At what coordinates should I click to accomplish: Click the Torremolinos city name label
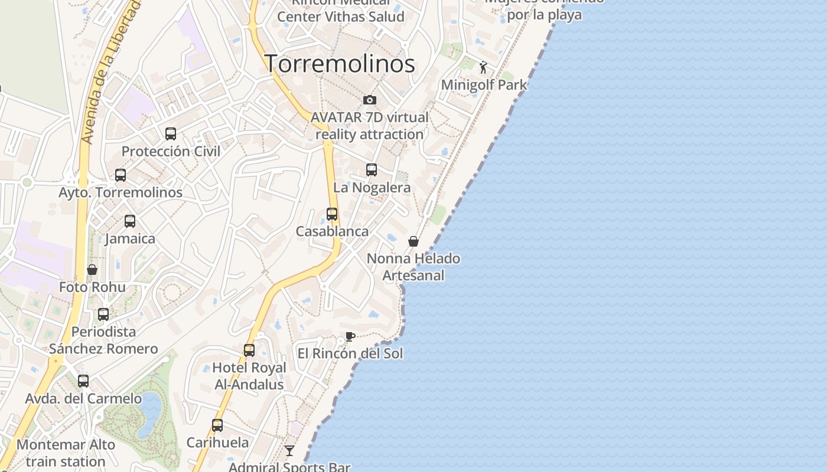pos(340,64)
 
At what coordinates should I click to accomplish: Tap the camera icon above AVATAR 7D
pos(370,100)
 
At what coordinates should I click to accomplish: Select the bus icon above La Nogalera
pos(372,170)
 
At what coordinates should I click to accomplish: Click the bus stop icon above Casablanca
pos(332,214)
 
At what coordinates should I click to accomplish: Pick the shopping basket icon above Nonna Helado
pos(413,241)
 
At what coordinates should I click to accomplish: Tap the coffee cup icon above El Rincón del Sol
pos(350,337)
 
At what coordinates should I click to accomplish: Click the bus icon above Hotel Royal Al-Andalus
pos(249,350)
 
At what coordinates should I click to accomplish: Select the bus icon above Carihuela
pos(217,425)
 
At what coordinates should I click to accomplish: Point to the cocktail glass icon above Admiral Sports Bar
pos(289,451)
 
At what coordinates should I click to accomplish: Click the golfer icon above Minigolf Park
pos(484,67)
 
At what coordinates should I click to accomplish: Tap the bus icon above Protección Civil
pos(171,134)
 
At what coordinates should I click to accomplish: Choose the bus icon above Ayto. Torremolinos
pos(121,175)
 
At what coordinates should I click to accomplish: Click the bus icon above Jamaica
pos(130,221)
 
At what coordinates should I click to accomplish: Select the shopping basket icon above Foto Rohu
pos(92,270)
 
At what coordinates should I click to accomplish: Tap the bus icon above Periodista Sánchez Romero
pos(103,314)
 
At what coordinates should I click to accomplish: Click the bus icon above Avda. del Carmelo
pos(83,381)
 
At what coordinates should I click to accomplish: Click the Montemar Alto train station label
pos(66,453)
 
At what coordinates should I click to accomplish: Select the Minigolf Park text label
pos(484,85)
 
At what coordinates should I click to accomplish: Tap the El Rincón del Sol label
pos(350,353)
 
